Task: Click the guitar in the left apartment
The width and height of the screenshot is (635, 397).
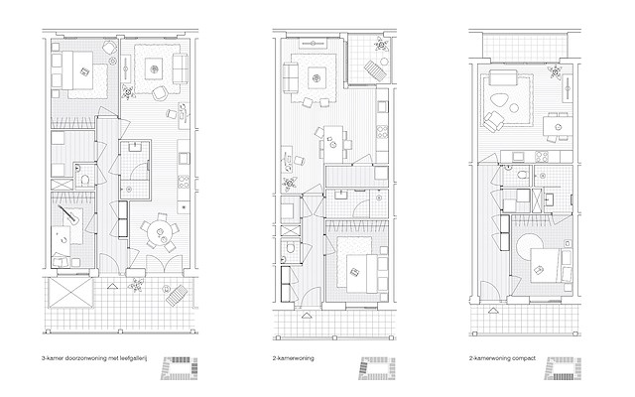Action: click(x=68, y=215)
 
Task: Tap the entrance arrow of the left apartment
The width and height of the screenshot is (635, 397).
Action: click(x=112, y=287)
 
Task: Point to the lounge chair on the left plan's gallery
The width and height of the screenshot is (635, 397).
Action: click(x=177, y=296)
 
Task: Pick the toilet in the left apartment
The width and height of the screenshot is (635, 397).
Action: click(x=85, y=179)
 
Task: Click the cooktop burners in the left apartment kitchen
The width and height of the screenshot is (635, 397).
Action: click(x=184, y=182)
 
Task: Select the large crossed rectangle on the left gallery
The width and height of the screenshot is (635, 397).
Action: click(x=70, y=293)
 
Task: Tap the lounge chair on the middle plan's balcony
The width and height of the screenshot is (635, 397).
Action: click(x=374, y=69)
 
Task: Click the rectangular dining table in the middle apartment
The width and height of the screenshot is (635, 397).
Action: click(x=334, y=141)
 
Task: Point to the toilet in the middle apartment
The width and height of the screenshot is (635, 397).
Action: click(x=289, y=248)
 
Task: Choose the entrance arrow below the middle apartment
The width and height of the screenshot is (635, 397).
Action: click(x=307, y=316)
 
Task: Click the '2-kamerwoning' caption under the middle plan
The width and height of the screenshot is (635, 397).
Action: click(x=293, y=358)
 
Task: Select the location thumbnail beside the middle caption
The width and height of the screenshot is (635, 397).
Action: click(x=377, y=368)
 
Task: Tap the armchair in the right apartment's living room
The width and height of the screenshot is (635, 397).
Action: click(x=494, y=121)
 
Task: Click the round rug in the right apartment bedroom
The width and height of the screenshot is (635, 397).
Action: click(x=530, y=247)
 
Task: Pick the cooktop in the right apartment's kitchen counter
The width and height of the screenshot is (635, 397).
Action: click(x=542, y=157)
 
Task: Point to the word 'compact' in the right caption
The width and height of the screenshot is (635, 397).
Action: click(x=524, y=358)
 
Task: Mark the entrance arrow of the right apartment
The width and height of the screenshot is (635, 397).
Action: click(x=493, y=311)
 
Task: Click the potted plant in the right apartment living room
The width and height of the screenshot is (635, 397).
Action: click(x=555, y=71)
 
